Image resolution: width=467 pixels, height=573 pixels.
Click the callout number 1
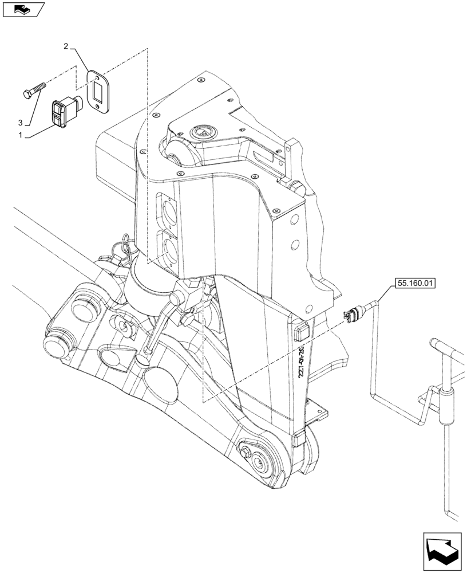point(21,135)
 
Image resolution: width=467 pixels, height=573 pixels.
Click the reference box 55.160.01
point(414,282)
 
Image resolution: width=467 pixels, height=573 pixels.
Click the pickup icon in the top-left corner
point(23,9)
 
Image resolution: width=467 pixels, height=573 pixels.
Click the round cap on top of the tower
point(201,132)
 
